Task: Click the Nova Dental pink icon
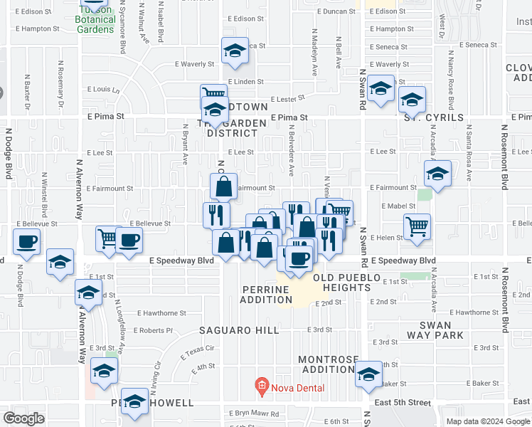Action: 261,388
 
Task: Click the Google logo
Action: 23,418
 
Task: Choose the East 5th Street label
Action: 402,403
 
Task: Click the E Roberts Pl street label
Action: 156,330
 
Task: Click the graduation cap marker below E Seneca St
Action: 234,51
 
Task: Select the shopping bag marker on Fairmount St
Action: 223,187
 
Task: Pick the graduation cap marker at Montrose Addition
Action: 368,374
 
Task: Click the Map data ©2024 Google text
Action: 488,421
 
